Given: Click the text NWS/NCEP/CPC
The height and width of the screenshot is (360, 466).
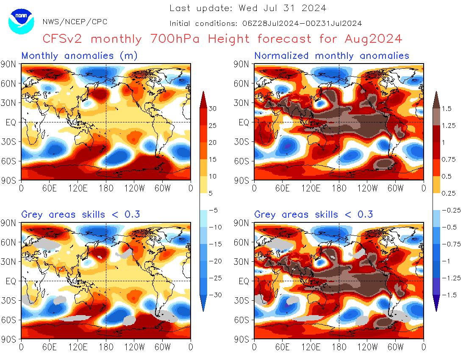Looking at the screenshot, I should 75,22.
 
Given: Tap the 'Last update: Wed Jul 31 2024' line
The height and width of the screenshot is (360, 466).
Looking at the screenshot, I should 248,8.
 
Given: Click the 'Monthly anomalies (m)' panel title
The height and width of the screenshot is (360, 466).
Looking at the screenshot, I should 79,55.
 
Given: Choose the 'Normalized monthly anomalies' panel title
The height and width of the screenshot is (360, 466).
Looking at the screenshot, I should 332,55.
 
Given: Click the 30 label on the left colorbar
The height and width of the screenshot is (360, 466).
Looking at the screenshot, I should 213,108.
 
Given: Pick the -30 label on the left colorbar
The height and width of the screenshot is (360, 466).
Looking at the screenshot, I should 214,295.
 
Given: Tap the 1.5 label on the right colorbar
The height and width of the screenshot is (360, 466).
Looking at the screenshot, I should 447,108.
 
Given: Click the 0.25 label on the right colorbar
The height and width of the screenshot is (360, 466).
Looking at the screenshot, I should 448,193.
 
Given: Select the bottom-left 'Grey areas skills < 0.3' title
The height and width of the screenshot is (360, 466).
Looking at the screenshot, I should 80,214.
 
